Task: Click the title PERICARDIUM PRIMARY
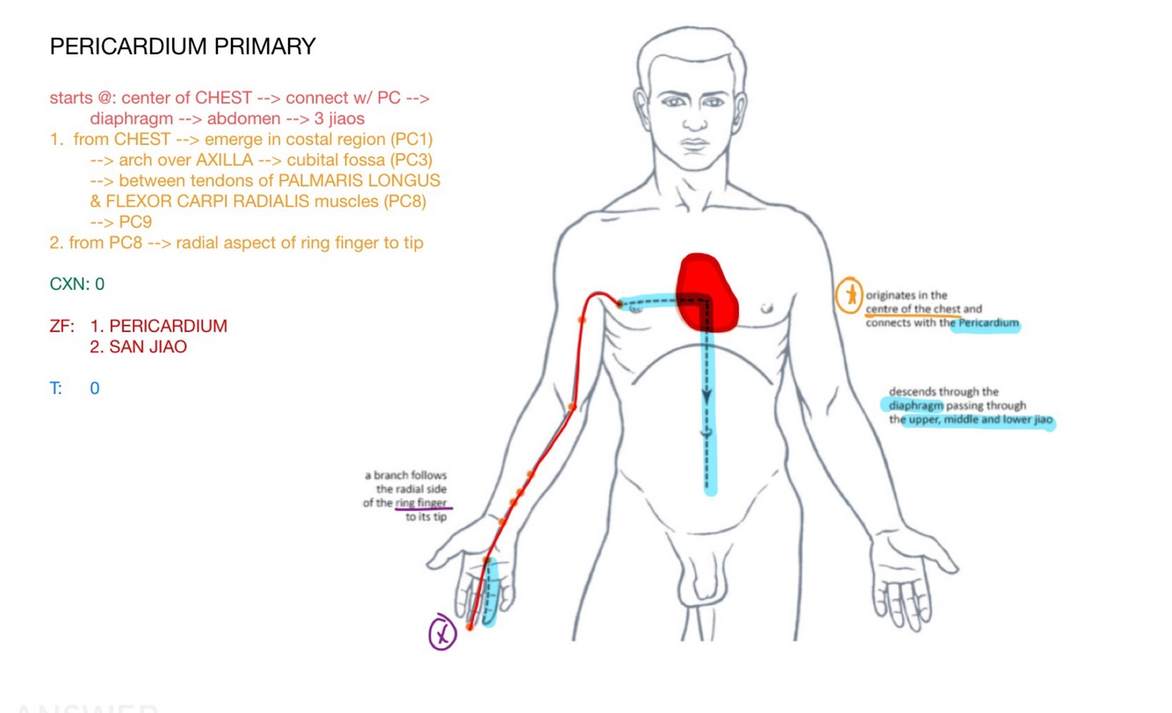point(183,47)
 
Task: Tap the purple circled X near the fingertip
point(442,633)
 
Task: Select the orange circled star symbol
point(849,296)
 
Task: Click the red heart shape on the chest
point(706,292)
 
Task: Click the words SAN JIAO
point(148,347)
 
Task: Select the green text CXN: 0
point(77,284)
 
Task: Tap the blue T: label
point(56,388)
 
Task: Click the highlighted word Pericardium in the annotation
point(989,323)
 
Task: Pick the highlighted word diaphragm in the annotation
point(915,406)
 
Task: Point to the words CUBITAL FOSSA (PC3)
point(359,160)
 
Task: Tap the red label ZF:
point(62,326)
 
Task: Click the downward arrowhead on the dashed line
point(705,398)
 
